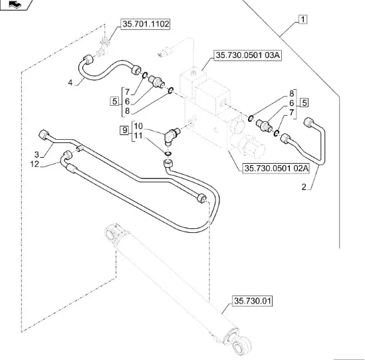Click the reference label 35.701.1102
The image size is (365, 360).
pos(145,25)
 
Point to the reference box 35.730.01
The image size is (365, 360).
pos(252,302)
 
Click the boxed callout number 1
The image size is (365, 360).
pos(303,21)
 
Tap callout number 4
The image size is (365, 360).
pos(70,83)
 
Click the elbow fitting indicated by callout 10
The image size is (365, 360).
pos(172,136)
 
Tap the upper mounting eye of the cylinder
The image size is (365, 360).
pos(114,234)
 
